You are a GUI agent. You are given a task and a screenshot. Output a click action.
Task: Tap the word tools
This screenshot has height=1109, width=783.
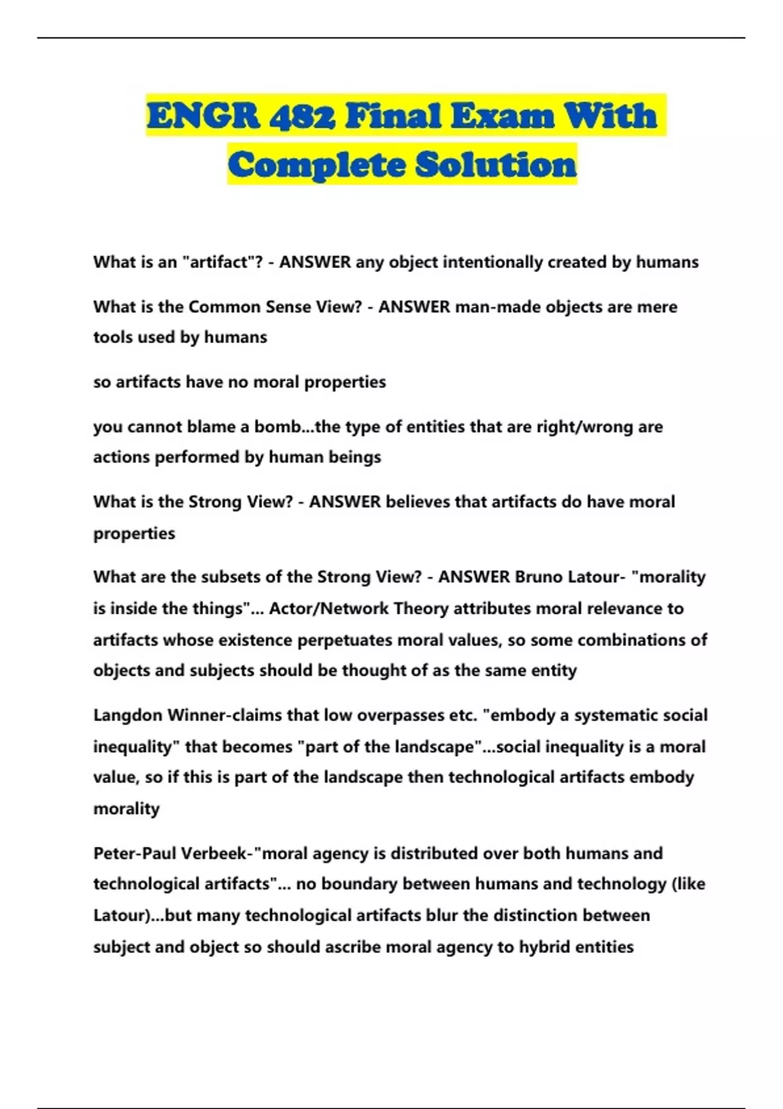[114, 337]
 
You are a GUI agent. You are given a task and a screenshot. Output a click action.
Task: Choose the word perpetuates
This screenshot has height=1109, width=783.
[344, 640]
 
